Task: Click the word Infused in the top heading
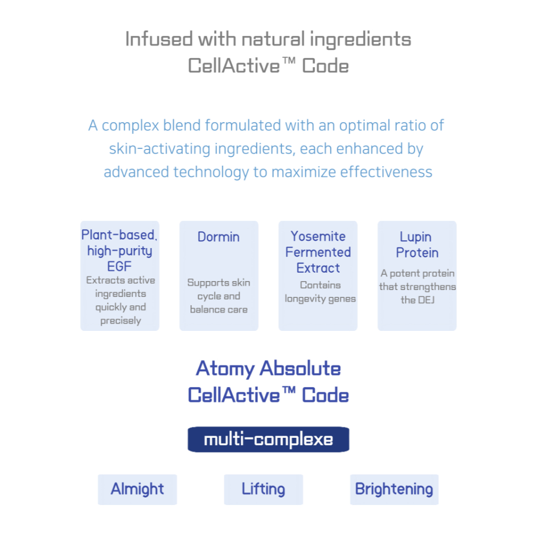click(x=158, y=39)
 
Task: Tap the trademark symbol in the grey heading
click(x=289, y=61)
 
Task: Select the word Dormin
click(x=219, y=237)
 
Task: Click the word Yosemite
click(x=318, y=236)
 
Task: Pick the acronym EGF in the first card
click(x=119, y=266)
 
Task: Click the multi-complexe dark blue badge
click(x=268, y=439)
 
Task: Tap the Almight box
click(x=137, y=489)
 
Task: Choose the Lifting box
click(x=263, y=489)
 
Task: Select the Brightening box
click(x=394, y=489)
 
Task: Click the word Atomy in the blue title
click(x=225, y=369)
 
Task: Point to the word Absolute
click(x=300, y=368)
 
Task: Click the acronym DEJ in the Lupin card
click(x=426, y=300)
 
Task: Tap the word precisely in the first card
click(x=121, y=321)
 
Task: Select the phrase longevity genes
click(x=320, y=299)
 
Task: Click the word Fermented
click(x=318, y=252)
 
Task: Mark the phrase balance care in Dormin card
click(x=219, y=309)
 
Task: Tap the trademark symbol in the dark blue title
click(x=289, y=390)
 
